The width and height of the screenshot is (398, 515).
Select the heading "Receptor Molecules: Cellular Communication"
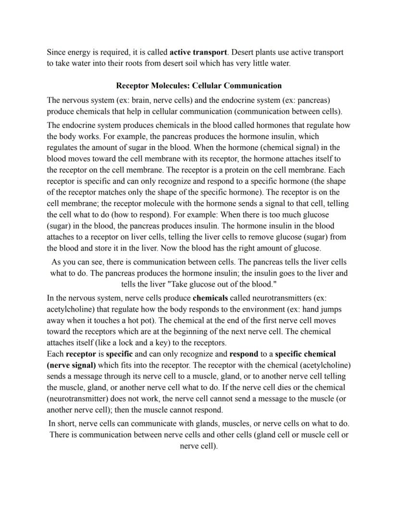[199, 86]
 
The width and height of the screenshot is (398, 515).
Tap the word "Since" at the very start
[56, 52]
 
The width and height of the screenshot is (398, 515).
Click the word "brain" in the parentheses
[138, 100]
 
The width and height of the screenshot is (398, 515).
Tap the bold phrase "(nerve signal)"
[71, 365]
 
